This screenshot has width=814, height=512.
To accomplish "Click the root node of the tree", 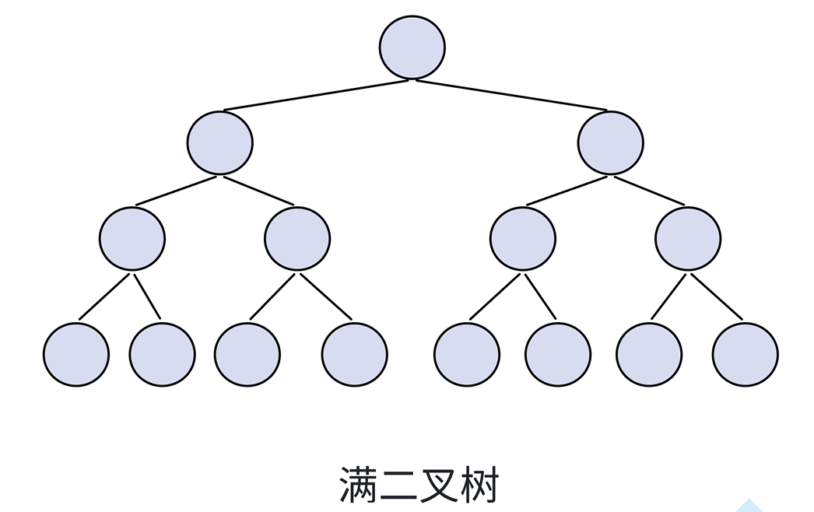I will coord(412,47).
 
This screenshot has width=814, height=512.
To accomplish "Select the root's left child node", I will coord(220,142).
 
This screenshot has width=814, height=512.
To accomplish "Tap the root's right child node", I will coord(611,142).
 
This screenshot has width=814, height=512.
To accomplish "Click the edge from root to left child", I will coord(317,95).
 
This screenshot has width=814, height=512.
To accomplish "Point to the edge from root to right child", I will coord(511,95).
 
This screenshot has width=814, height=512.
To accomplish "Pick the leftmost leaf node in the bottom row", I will coord(76,354).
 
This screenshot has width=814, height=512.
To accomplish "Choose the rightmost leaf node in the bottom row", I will coord(745,354).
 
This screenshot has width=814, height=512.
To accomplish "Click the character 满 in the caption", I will coord(360,485).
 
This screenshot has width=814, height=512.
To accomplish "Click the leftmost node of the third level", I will coord(132,238).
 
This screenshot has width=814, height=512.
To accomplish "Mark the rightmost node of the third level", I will coord(688,238).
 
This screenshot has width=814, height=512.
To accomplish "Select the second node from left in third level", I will coord(297,238).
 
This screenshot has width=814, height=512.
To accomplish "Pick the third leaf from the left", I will coord(247,354).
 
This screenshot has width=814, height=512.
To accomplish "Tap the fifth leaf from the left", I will coord(467,354).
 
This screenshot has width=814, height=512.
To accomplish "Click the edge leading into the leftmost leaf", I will coord(104,296).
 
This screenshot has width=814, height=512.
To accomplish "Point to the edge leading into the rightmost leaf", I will coord(717,296).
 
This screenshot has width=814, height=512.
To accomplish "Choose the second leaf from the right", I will coord(649,354).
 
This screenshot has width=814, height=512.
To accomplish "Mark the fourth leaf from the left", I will coord(355,354).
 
